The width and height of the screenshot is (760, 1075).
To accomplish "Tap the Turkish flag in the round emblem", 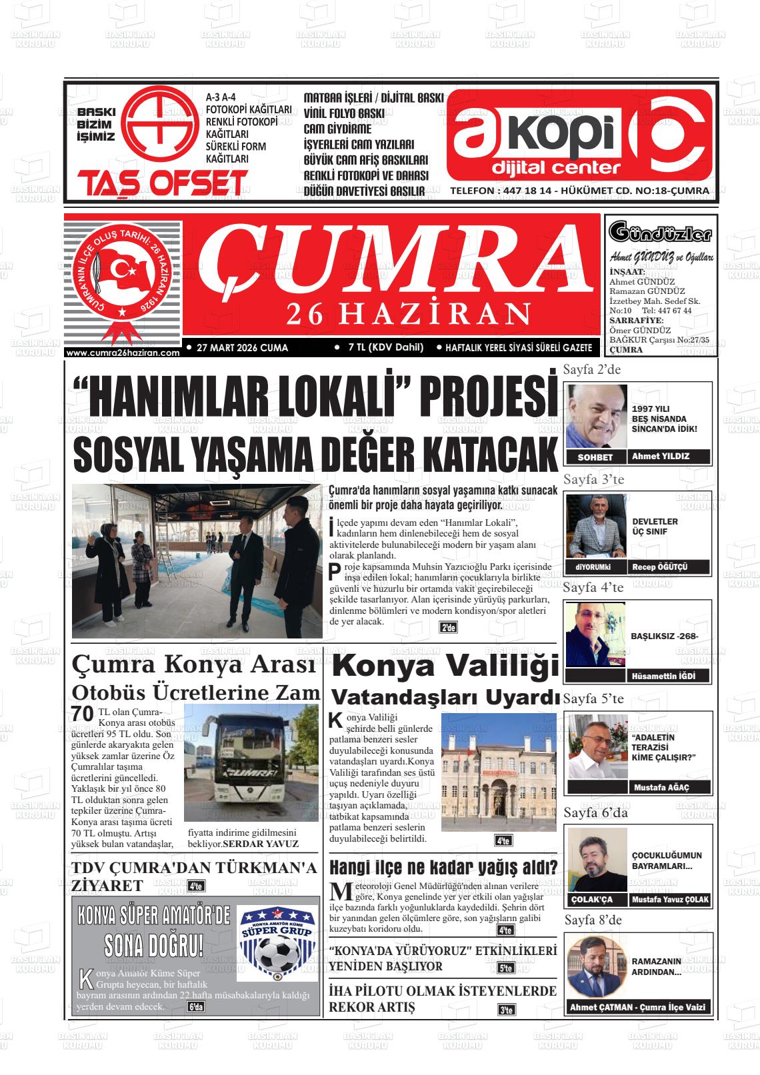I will (x=123, y=270).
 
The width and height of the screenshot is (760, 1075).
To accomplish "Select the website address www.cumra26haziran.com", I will (x=123, y=353).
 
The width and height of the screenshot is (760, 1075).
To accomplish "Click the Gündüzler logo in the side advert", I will (x=660, y=234).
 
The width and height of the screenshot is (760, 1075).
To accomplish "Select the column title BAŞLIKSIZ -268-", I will (x=664, y=636).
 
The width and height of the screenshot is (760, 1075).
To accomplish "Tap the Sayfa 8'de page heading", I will (x=593, y=920).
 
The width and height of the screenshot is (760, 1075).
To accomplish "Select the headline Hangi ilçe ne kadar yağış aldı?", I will (x=443, y=868).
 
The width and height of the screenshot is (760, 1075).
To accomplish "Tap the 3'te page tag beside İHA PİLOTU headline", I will (x=506, y=1010).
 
